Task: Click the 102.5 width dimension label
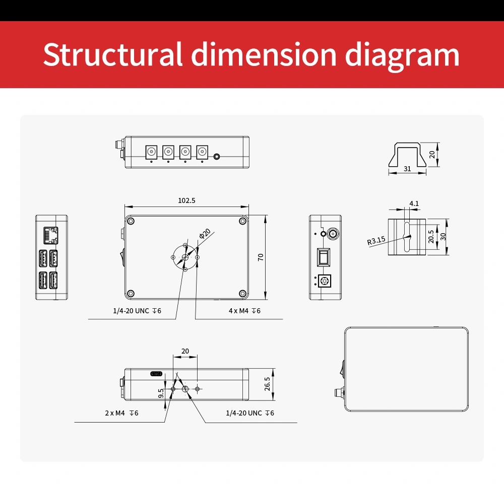187,200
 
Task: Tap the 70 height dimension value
261,257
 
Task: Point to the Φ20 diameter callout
205,234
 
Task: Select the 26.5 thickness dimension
268,384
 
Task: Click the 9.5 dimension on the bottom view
161,393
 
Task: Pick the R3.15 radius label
376,241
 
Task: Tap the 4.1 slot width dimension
414,203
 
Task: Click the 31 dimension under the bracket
407,169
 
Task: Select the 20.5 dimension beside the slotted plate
431,237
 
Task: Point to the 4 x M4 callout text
244,311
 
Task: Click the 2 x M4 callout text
121,413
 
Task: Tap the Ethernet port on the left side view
51,235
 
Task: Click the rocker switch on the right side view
324,257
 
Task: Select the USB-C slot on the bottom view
157,374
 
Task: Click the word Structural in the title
113,54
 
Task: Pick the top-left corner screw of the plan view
131,221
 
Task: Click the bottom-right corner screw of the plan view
243,294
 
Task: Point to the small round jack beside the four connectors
217,157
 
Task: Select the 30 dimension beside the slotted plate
443,237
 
